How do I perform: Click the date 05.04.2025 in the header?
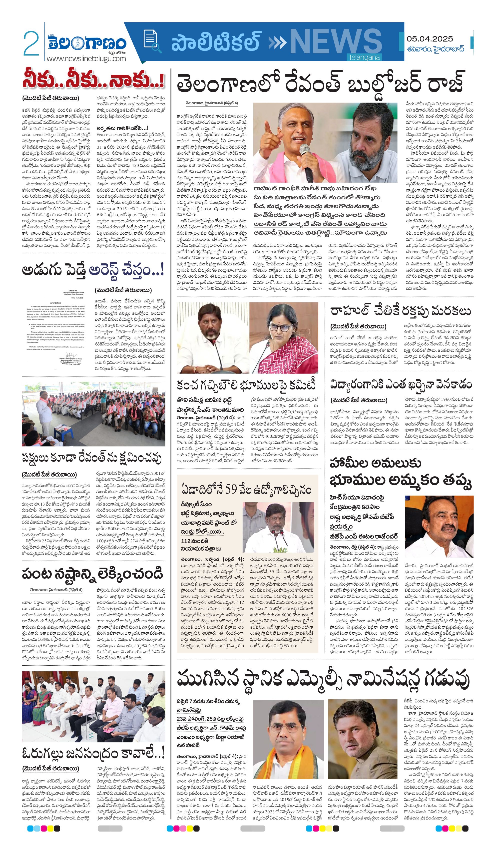[430, 39]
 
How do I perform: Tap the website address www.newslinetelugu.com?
[86, 59]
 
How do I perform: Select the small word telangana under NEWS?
[364, 58]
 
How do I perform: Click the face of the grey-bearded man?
[368, 142]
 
